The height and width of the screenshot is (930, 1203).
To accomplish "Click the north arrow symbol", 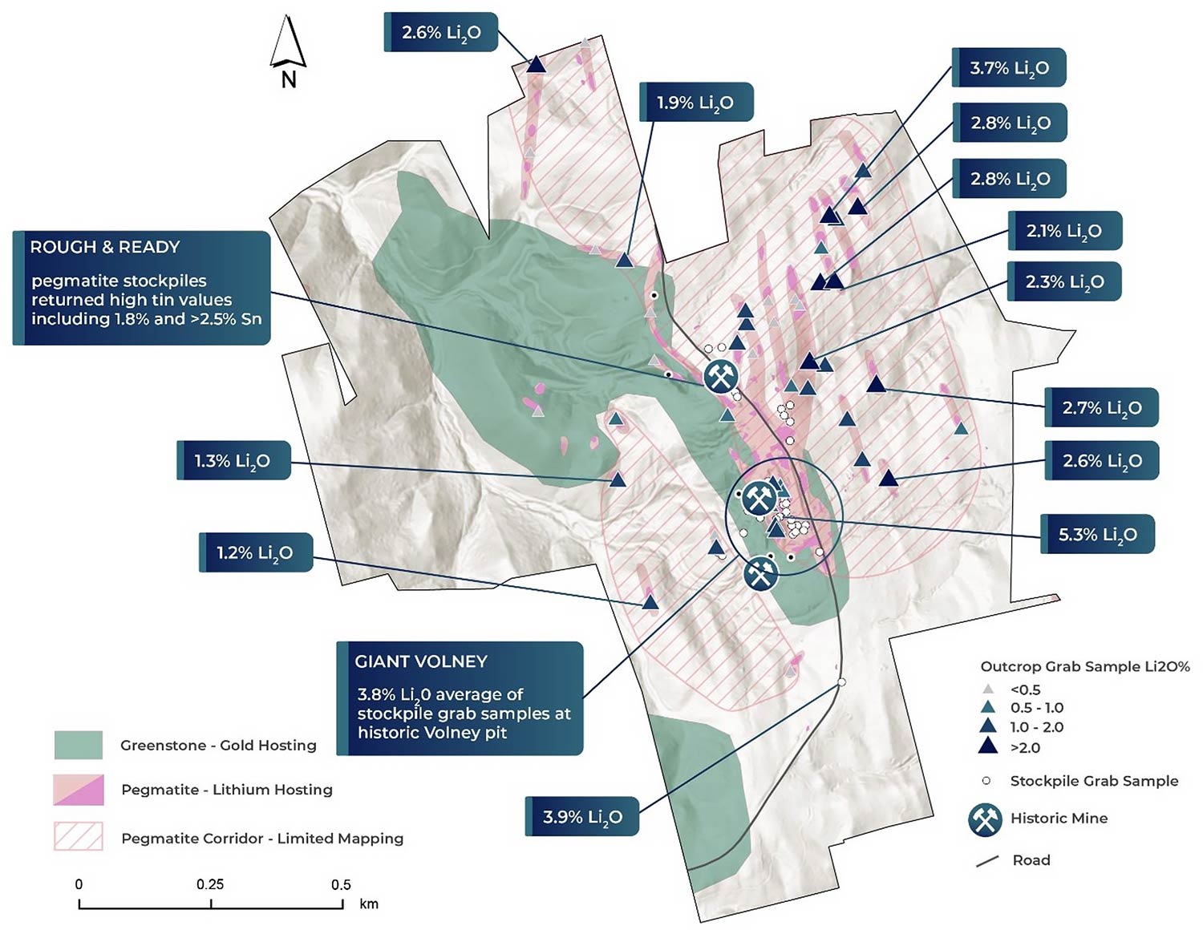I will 287,45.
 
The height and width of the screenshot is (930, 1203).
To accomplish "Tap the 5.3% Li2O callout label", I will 1097,534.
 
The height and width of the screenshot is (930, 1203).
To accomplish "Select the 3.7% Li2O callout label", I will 1009,68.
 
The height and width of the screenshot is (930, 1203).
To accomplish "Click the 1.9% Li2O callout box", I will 695,103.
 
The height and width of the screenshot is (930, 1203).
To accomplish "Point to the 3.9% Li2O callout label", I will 582,817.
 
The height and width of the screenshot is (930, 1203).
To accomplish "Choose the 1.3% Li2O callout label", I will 233,461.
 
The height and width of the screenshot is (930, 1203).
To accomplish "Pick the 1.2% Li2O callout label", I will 255,553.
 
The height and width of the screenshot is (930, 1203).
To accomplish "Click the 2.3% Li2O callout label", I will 1064,282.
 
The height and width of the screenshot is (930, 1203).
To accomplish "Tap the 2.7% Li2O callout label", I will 1101,408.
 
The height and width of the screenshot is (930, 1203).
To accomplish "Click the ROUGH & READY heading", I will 105,247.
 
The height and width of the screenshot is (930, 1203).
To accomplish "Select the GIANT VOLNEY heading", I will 421,661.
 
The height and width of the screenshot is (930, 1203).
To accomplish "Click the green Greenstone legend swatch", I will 79,745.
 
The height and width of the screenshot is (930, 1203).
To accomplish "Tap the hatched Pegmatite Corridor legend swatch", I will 79,837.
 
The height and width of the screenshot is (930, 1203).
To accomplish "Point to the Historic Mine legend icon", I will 985,819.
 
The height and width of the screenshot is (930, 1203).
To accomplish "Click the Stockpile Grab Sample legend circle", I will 987,781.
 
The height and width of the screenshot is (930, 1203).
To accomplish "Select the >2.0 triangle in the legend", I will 988,746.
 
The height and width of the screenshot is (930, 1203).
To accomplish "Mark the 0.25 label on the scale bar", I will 210,884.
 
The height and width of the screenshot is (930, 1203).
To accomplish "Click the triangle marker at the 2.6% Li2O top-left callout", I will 537,64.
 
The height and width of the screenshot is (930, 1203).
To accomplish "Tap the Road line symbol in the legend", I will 987,861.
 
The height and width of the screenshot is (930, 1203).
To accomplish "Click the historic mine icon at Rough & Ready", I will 720,375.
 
